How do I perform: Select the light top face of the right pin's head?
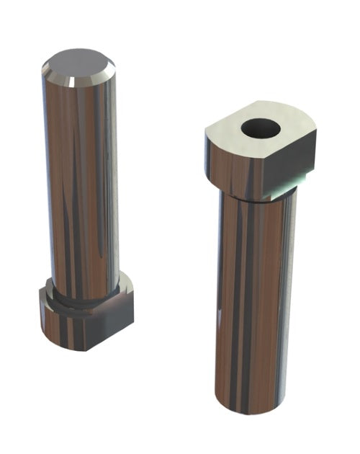[230, 137]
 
